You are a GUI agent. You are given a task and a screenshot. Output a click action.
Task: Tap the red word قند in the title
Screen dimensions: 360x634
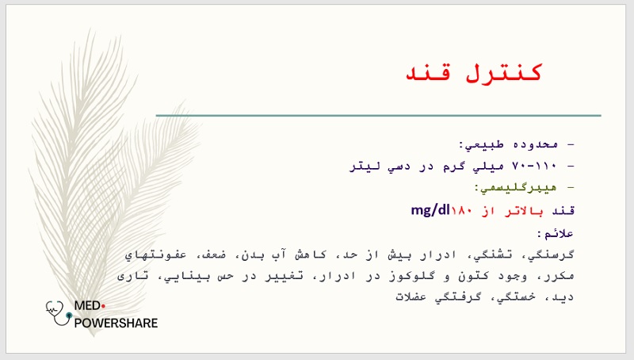click(427, 73)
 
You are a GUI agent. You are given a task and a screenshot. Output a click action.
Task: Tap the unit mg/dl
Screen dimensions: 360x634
click(430, 210)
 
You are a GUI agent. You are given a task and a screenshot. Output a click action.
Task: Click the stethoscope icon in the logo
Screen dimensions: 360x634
click(59, 312)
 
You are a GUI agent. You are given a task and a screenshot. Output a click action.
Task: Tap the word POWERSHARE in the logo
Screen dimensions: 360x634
click(116, 324)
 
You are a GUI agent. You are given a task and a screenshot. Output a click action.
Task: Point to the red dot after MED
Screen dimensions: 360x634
click(103, 306)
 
